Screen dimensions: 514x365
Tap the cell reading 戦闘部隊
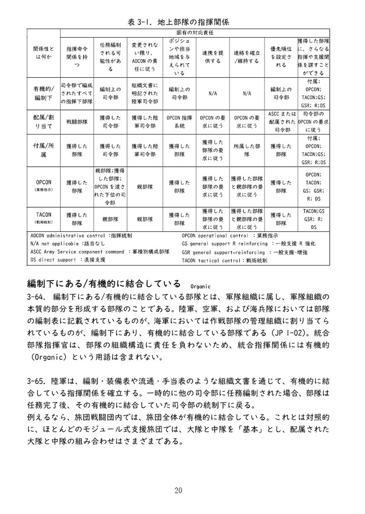tap(77, 122)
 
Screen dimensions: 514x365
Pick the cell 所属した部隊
tap(247, 151)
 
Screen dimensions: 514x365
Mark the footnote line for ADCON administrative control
tap(81, 235)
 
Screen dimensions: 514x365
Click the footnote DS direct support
tap(68, 260)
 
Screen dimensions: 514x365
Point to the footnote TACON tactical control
tap(224, 261)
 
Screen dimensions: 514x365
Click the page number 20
tap(179, 490)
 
